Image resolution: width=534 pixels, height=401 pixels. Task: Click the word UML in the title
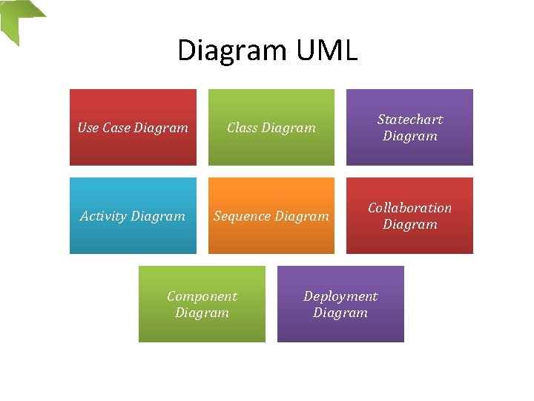point(326,50)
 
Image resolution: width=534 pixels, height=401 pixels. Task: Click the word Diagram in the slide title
point(233,50)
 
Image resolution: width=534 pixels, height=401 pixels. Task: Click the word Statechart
point(410,120)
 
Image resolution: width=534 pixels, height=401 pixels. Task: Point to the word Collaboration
point(409,208)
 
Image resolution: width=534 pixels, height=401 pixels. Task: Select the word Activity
point(103,216)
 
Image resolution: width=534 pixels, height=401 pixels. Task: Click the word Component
point(202,296)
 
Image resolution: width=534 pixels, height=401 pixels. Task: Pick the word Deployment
point(340,296)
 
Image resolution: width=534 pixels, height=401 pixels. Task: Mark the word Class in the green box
point(242,128)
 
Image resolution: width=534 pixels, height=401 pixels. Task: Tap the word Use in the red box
point(88,128)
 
